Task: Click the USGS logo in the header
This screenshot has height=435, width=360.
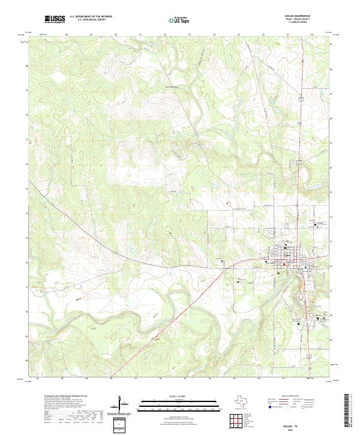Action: pyautogui.click(x=55, y=19)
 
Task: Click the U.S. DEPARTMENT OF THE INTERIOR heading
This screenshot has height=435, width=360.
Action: pyautogui.click(x=91, y=17)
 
